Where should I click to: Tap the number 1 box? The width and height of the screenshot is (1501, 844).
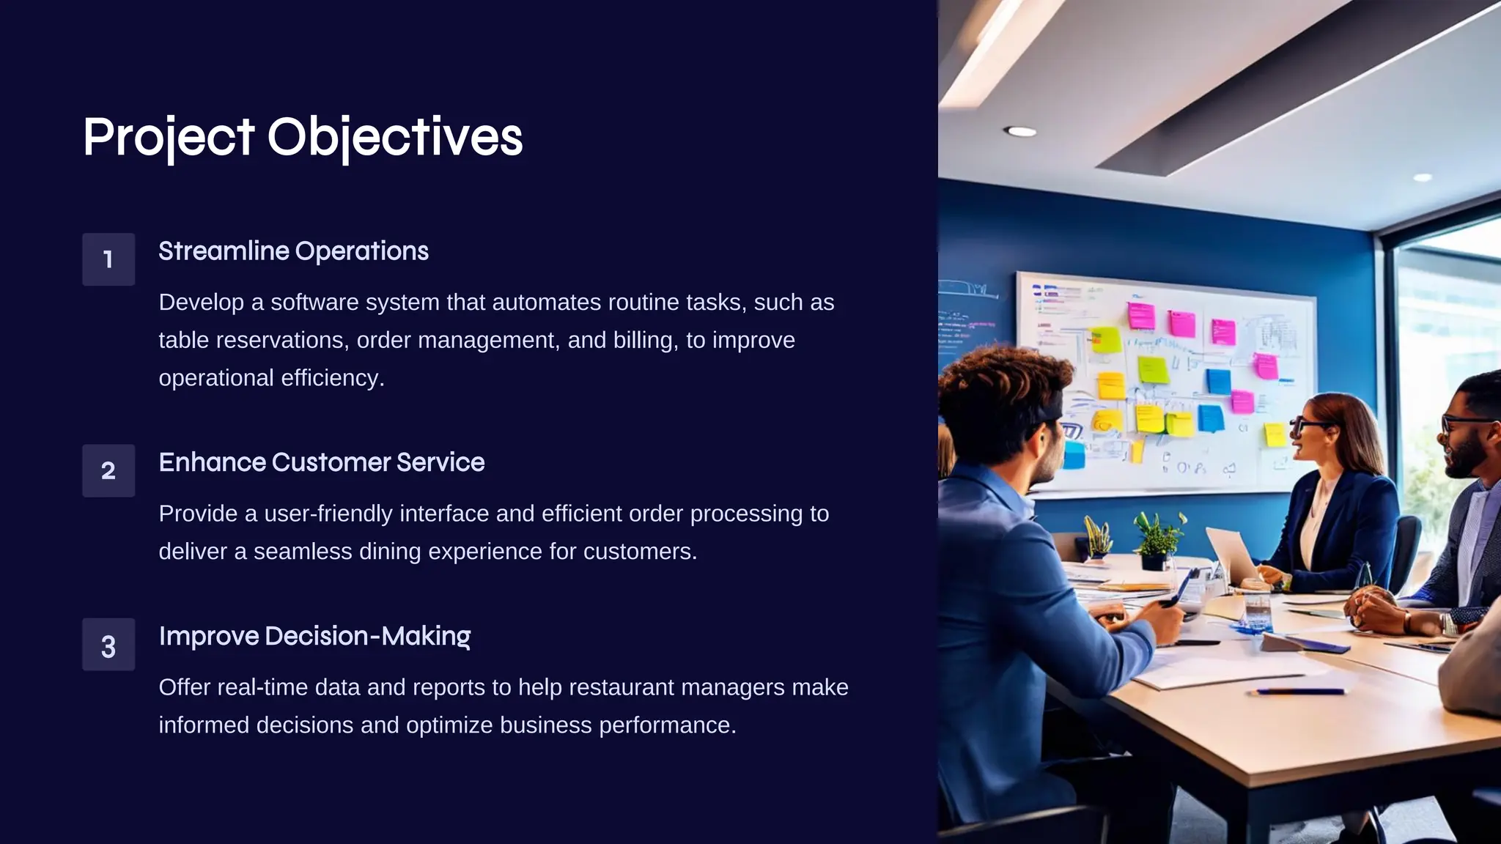108,259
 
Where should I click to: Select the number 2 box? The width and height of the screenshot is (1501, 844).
108,470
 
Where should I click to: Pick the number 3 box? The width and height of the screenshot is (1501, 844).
108,645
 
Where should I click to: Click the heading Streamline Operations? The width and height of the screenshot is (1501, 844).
293,251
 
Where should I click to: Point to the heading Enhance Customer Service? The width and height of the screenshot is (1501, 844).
321,462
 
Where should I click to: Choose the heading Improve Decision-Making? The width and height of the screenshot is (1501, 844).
314,636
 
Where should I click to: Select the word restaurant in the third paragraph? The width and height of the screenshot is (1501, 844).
621,687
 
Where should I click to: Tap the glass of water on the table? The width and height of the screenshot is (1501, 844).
1258,612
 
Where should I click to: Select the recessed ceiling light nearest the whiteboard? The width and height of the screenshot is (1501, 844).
1020,132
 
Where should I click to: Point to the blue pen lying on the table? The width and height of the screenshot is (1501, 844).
1299,691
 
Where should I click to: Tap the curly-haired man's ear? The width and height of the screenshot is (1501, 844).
1041,440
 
